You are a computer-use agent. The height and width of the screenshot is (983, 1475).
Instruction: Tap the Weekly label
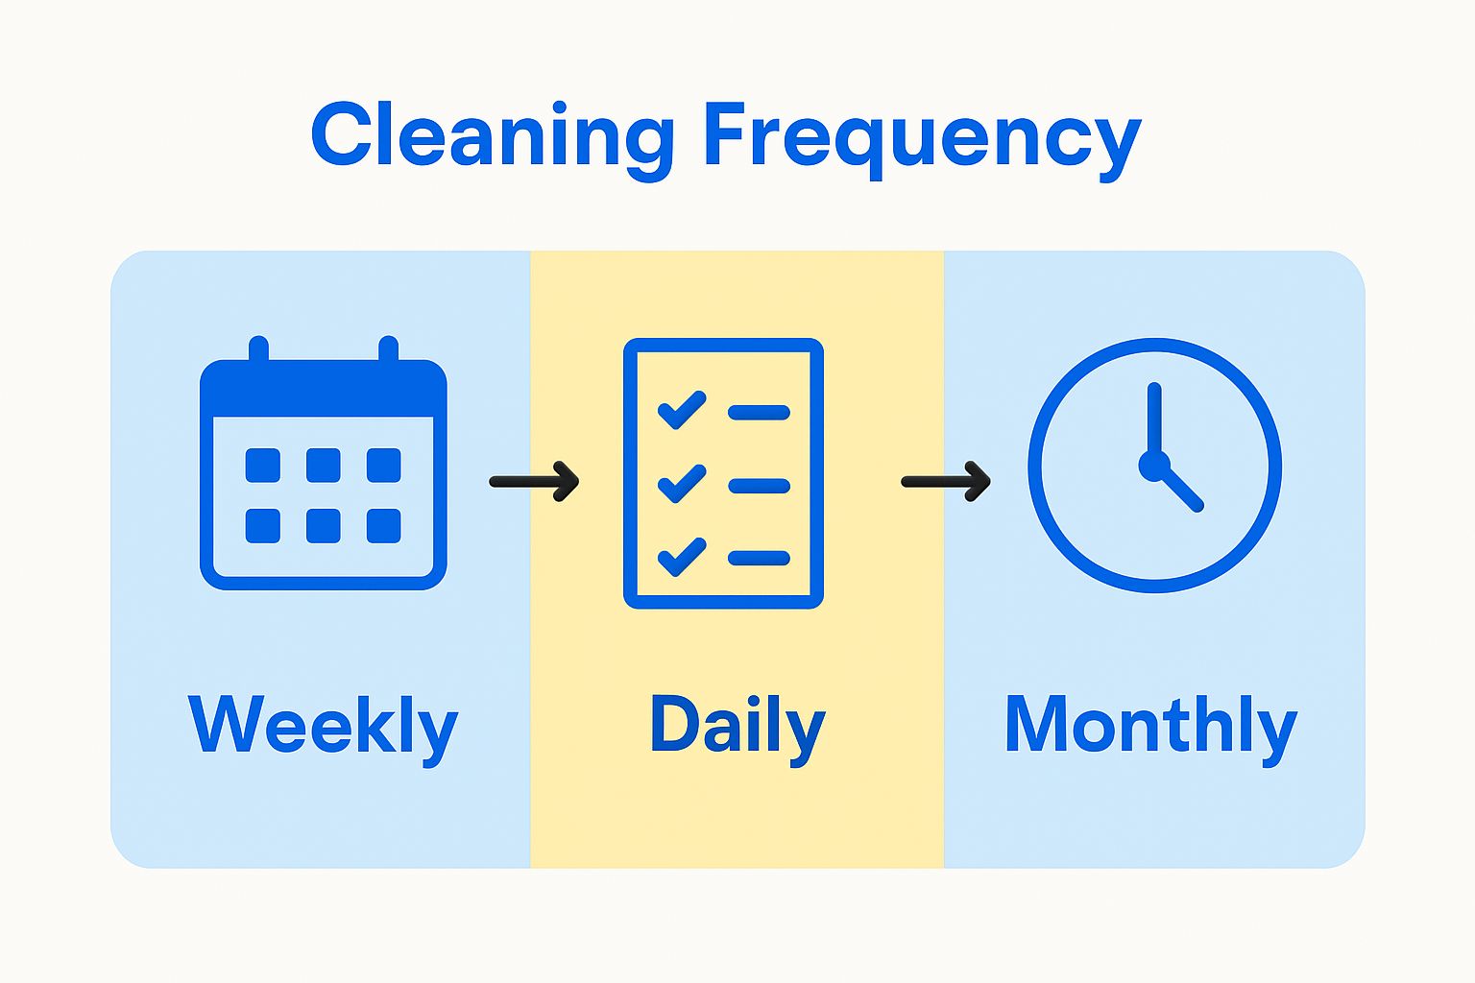pyautogui.click(x=323, y=729)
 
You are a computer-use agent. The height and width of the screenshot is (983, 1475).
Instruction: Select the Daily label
pyautogui.click(x=737, y=729)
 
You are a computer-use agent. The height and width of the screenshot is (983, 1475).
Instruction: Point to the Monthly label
pyautogui.click(x=1151, y=729)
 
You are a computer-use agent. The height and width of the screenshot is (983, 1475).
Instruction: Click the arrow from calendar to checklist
pyautogui.click(x=534, y=482)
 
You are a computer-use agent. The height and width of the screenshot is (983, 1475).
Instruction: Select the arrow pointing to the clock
pyautogui.click(x=946, y=482)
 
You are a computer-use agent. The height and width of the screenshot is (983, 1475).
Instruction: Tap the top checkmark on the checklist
pyautogui.click(x=682, y=410)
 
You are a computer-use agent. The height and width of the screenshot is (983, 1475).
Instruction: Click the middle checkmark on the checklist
pyautogui.click(x=682, y=483)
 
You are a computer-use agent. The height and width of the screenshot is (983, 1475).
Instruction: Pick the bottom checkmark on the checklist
pyautogui.click(x=682, y=557)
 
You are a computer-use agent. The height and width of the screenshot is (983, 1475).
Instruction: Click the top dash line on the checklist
pyautogui.click(x=759, y=413)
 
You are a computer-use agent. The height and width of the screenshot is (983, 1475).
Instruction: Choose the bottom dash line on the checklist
pyautogui.click(x=759, y=559)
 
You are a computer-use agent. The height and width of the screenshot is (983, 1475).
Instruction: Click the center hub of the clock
pyautogui.click(x=1154, y=466)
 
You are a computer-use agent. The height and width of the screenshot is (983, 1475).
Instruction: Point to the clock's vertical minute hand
pyautogui.click(x=1154, y=421)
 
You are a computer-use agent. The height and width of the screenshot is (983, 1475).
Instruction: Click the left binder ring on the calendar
pyautogui.click(x=258, y=349)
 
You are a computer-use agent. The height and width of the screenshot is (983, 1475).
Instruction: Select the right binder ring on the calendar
pyautogui.click(x=389, y=349)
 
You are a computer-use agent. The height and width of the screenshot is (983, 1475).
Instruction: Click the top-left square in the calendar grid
pyautogui.click(x=263, y=466)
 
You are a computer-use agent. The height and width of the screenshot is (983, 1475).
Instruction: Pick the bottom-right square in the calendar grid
pyautogui.click(x=384, y=526)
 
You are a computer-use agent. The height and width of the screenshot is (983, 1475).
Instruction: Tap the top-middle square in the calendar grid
pyautogui.click(x=324, y=466)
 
